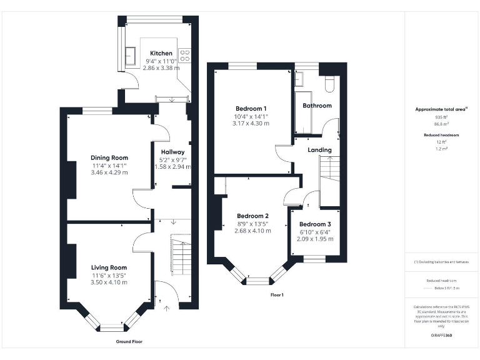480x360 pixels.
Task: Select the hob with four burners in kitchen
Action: pos(185,55)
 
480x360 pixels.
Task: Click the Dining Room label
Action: pos(109,157)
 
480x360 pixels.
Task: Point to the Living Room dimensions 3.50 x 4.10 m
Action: pos(109,282)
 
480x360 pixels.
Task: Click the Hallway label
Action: pos(172,152)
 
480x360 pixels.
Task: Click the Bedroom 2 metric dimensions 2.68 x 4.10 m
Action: pos(252,231)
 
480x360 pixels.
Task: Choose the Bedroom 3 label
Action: pos(315,224)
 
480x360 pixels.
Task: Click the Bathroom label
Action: pos(317,106)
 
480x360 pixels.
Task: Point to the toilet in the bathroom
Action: pos(330,83)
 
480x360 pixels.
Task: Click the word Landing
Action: pos(319,150)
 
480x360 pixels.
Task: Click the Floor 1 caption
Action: pos(276,294)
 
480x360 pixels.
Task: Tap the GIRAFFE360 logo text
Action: pos(441,336)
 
